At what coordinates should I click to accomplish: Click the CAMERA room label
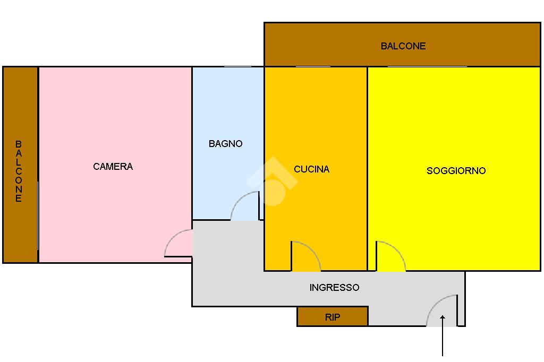tap(113, 167)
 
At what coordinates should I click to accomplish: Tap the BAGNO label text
tap(225, 144)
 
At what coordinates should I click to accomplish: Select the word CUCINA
tap(312, 169)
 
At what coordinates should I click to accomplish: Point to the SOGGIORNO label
tap(456, 171)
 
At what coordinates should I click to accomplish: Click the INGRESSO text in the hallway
tap(334, 288)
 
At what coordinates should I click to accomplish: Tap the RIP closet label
tap(333, 317)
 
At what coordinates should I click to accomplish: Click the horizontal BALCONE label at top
tap(403, 46)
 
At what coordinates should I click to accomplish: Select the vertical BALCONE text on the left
tap(19, 171)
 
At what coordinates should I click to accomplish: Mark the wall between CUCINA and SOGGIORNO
tap(367, 159)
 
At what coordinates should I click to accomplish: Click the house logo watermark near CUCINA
tap(271, 181)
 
